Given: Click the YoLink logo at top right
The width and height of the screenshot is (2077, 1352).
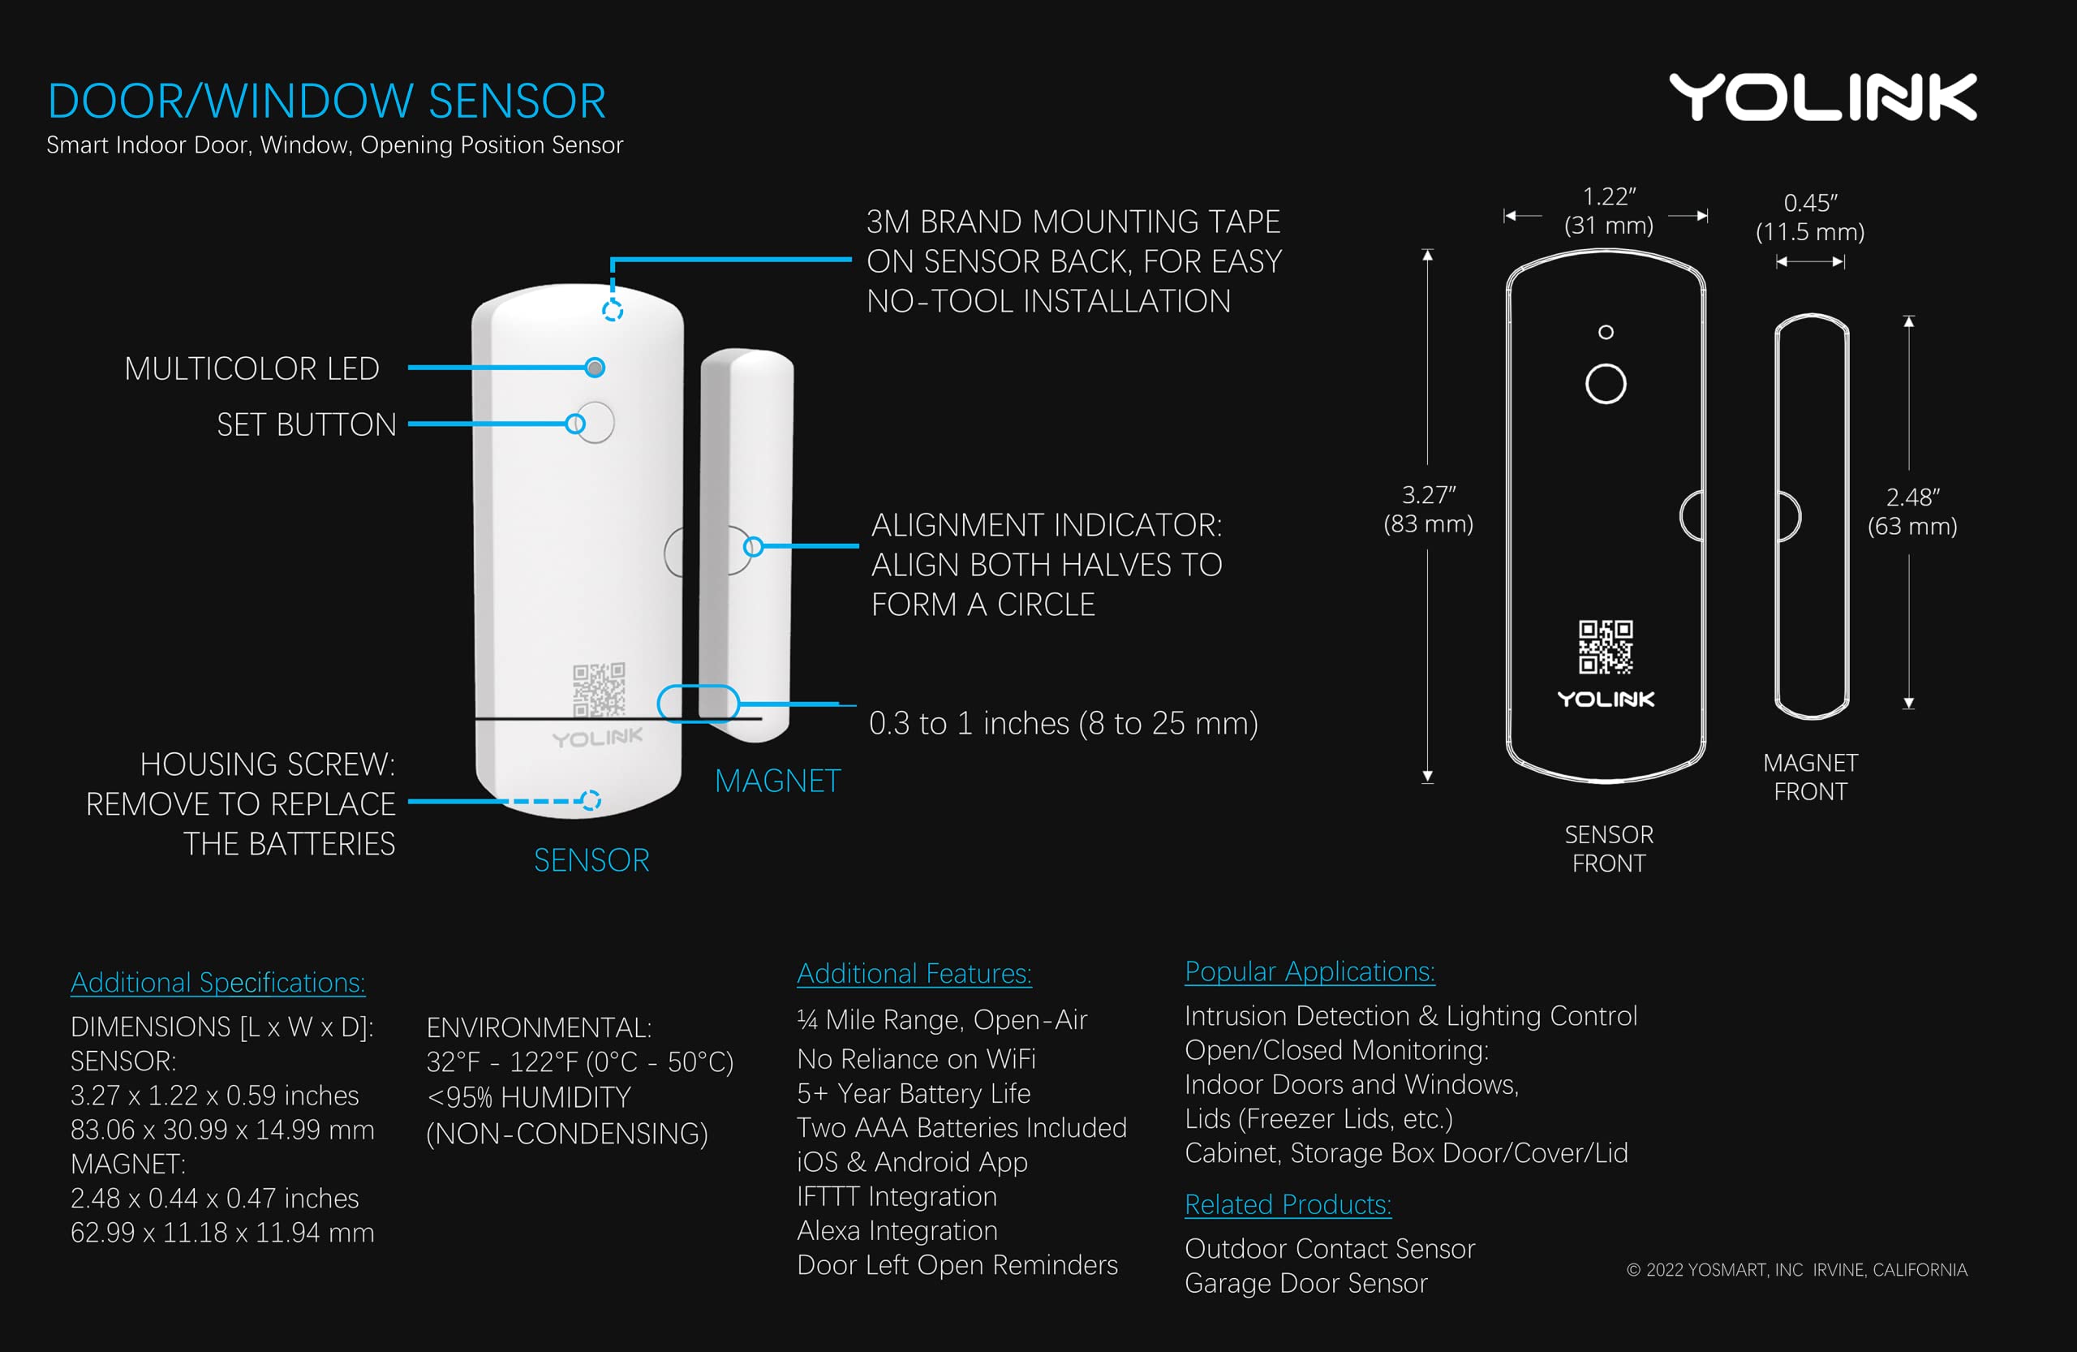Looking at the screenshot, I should pyautogui.click(x=1822, y=97).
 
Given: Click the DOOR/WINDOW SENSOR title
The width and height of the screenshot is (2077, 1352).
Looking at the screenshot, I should pyautogui.click(x=326, y=101).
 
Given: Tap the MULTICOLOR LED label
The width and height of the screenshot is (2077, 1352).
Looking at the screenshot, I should pyautogui.click(x=252, y=368).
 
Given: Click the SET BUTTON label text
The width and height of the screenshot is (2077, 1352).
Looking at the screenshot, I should pyautogui.click(x=307, y=425).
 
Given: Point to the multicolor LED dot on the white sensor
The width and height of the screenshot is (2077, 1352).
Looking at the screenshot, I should pyautogui.click(x=595, y=368).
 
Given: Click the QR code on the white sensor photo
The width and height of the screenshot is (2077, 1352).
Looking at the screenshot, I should pyautogui.click(x=599, y=690).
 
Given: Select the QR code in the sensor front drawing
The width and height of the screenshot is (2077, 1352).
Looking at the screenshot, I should pyautogui.click(x=1605, y=647).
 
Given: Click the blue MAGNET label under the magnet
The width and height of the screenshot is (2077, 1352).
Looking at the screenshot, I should pyautogui.click(x=776, y=781).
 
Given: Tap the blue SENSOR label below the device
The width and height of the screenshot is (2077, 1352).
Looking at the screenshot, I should pyautogui.click(x=591, y=860).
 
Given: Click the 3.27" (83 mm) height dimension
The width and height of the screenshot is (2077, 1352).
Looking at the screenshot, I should pyautogui.click(x=1428, y=509).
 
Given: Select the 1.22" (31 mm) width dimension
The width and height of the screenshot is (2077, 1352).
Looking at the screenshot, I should pyautogui.click(x=1607, y=211).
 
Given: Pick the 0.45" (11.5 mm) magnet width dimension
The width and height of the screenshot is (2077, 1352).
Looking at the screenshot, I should pyautogui.click(x=1810, y=217).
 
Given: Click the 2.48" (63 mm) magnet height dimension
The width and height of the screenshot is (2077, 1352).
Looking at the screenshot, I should pyautogui.click(x=1911, y=511).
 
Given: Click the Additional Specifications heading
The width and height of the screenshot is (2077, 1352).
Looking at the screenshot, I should pyautogui.click(x=217, y=983).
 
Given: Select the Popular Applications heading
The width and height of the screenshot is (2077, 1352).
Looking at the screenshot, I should pyautogui.click(x=1309, y=971).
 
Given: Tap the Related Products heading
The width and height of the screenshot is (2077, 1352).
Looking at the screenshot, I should pyautogui.click(x=1288, y=1204).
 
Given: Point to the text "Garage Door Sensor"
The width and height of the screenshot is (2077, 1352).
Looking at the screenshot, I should pyautogui.click(x=1305, y=1283).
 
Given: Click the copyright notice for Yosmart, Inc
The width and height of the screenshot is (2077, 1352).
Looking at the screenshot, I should pyautogui.click(x=1796, y=1270).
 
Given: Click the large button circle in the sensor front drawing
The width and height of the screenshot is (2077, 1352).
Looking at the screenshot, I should pyautogui.click(x=1605, y=384).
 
